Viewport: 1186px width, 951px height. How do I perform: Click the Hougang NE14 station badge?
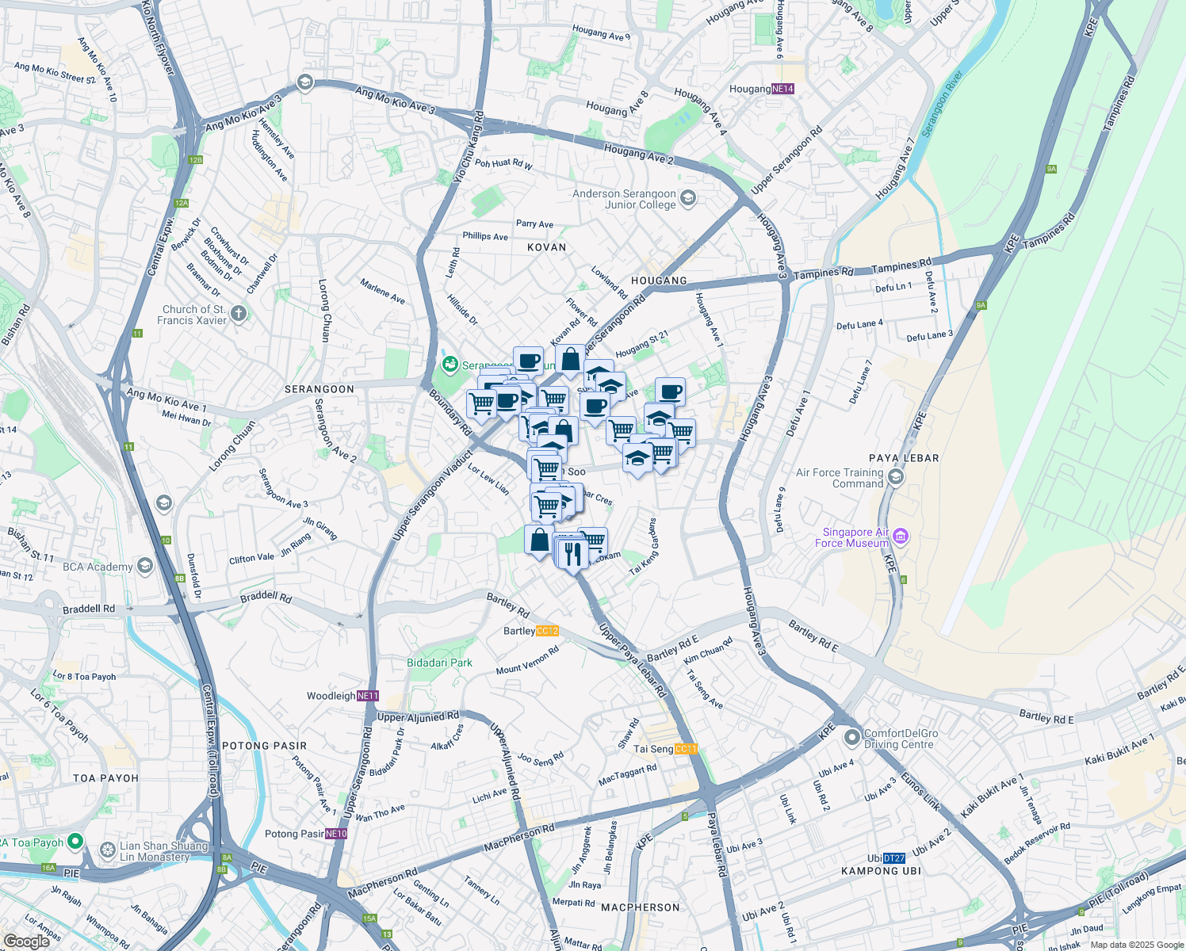782,89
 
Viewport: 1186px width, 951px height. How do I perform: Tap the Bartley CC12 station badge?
547,631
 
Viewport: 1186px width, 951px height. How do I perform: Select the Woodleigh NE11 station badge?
368,696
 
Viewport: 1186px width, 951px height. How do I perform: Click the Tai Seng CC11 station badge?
686,749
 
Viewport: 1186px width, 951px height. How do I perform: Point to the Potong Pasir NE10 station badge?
336,834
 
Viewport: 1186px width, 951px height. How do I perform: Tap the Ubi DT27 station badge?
894,858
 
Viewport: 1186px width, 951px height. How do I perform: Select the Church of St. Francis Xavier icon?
239,315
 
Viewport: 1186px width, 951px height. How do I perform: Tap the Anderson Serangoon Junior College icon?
687,199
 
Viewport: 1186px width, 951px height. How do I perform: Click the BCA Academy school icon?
144,566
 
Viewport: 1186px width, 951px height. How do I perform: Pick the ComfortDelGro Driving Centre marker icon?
852,739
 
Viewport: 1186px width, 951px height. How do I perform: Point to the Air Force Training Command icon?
896,477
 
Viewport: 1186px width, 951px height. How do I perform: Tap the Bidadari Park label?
439,663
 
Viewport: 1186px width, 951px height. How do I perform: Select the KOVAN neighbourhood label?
547,247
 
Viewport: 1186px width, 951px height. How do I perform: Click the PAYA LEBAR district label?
904,458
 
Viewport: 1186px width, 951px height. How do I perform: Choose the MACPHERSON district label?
640,907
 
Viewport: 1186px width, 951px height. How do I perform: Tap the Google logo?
26,941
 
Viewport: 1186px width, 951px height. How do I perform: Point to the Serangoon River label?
941,103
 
